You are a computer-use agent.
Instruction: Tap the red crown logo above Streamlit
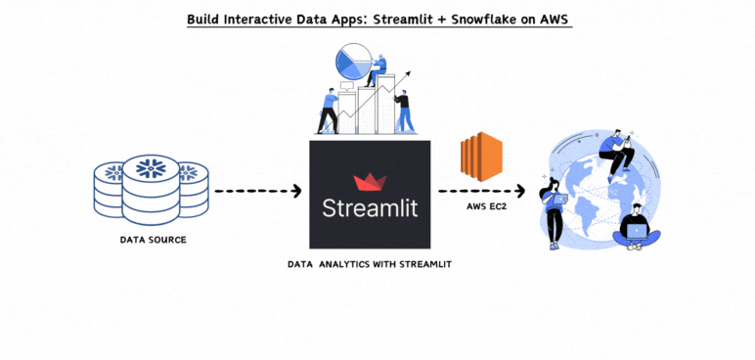(x=370, y=183)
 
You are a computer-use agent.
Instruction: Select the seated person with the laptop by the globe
(x=638, y=227)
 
